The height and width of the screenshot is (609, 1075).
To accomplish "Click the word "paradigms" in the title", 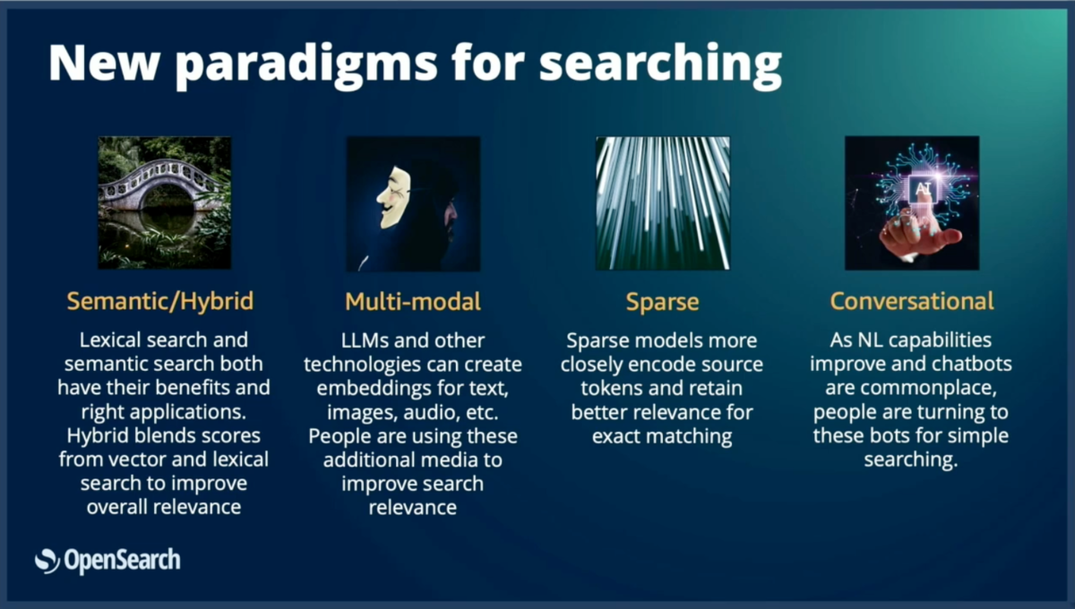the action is pyautogui.click(x=306, y=64).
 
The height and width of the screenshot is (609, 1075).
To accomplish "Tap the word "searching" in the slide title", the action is pyautogui.click(x=660, y=64).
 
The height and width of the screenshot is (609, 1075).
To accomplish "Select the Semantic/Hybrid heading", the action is pyautogui.click(x=160, y=302).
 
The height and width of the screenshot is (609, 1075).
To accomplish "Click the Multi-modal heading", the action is pyautogui.click(x=413, y=302).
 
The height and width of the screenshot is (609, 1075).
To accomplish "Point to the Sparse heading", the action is pyautogui.click(x=662, y=303).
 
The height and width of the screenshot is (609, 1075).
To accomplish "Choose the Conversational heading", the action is pyautogui.click(x=912, y=302).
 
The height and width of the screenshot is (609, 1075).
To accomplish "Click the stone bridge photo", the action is pyautogui.click(x=165, y=203).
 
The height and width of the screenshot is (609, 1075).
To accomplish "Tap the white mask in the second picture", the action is pyautogui.click(x=394, y=197).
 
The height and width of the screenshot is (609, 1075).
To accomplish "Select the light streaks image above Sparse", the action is pyautogui.click(x=663, y=203).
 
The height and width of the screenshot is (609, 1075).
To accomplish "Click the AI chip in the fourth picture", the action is pyautogui.click(x=923, y=189).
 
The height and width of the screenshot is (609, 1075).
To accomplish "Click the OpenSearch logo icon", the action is pyautogui.click(x=47, y=561).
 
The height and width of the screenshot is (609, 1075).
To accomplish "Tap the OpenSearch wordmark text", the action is pyautogui.click(x=123, y=561).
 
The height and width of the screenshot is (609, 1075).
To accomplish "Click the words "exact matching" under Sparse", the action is pyautogui.click(x=662, y=437).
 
